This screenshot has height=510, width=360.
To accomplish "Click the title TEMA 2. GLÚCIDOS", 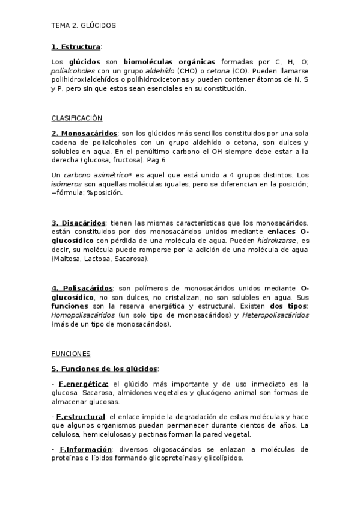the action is click(x=84, y=26).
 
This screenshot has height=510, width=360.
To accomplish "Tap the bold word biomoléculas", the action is click(x=147, y=61).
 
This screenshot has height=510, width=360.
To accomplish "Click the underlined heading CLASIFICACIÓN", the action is click(x=76, y=118).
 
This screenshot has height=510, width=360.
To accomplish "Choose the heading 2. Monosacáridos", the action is click(x=84, y=133).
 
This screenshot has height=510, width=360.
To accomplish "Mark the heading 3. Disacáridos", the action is click(x=79, y=223).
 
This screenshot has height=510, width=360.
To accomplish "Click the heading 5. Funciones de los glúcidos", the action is click(x=104, y=368).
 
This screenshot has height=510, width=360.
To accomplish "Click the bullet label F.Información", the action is click(x=85, y=449).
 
